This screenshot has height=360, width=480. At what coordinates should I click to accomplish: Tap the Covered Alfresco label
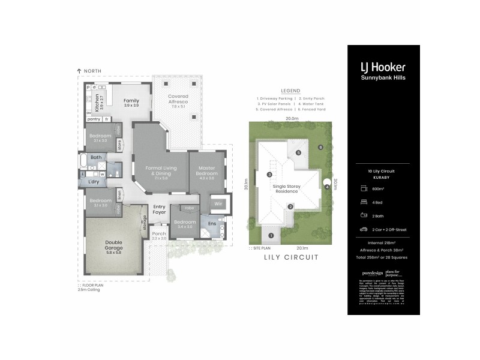coord(178,99)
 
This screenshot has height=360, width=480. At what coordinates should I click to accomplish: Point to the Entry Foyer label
coord(159,209)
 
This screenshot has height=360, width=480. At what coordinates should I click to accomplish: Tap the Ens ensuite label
coord(212,224)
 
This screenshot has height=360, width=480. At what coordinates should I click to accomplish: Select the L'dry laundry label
coord(94,181)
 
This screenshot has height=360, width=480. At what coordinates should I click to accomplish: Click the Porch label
coord(159,234)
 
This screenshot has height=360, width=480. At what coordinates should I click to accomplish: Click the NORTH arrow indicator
coord(79,71)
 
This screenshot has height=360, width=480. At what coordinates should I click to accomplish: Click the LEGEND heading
coord(290,91)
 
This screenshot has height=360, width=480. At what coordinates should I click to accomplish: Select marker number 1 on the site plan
coord(271,235)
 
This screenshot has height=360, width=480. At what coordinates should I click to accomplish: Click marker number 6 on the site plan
coord(321,147)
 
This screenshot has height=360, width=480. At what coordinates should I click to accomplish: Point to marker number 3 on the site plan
coord(269,175)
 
